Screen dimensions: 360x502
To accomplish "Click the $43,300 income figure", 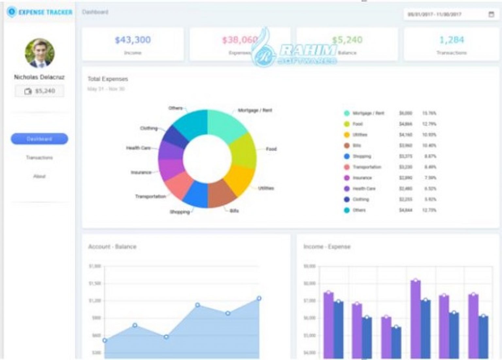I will [133, 40].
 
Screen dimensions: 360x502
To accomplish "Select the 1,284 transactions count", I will [451, 40].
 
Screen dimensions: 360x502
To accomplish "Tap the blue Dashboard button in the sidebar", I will [40, 139].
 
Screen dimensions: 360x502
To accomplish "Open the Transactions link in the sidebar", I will [40, 158].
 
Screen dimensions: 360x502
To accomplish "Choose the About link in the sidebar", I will [39, 176].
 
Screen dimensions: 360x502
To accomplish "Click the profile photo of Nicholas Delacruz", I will [40, 53].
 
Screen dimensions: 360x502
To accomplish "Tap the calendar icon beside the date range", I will [491, 14].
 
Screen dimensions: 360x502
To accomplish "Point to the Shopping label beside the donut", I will [180, 212].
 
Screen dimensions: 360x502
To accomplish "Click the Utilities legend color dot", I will [347, 135].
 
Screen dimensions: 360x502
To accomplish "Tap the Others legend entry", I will [359, 210].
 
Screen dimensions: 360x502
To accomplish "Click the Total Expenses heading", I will [108, 79].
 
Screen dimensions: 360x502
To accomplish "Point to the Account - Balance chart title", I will [112, 247].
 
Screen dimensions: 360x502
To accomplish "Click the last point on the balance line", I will [259, 298].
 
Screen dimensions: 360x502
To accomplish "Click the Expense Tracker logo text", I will [45, 12].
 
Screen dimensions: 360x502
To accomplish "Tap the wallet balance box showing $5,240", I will [40, 91].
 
